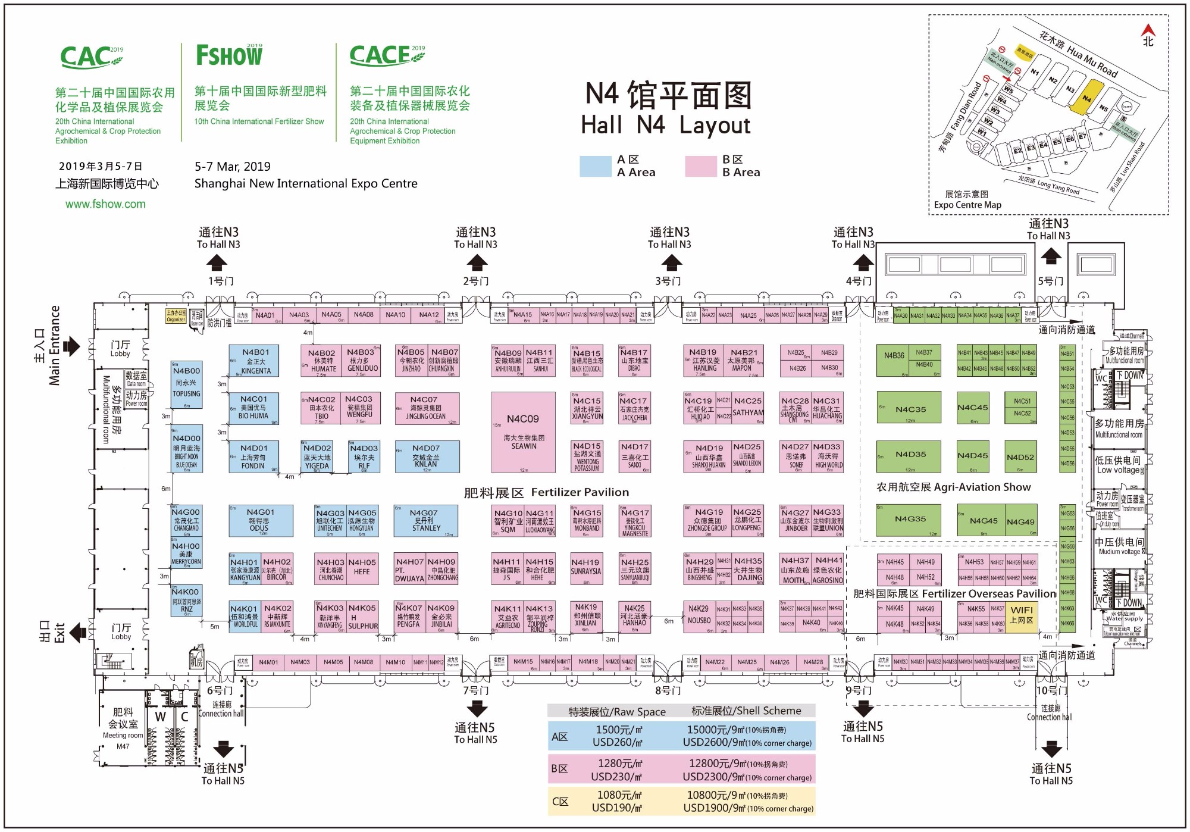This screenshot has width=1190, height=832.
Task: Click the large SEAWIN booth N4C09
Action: point(523,432)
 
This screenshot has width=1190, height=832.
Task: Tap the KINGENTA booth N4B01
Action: point(256,361)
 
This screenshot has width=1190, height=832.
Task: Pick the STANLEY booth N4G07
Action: point(426,521)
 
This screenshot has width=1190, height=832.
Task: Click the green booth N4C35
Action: point(909,407)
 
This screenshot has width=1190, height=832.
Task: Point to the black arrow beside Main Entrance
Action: point(72,346)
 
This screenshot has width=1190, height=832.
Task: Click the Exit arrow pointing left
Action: point(77,632)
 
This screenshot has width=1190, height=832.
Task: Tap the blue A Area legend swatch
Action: point(595,166)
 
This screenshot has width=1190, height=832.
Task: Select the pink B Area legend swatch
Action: point(700,166)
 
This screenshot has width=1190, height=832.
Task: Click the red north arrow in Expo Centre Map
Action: point(1148,30)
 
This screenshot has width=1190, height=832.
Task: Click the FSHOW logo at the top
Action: point(230,55)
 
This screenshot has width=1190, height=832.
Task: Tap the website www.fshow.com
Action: point(105,204)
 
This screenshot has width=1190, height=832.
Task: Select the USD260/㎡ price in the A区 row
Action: point(617,742)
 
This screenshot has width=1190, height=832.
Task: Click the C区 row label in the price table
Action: point(560,801)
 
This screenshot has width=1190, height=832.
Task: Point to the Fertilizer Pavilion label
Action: point(546,492)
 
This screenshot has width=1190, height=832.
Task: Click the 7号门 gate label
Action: point(476,690)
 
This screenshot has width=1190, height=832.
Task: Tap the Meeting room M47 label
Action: point(123,740)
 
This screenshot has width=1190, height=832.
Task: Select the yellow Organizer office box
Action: point(176,316)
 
